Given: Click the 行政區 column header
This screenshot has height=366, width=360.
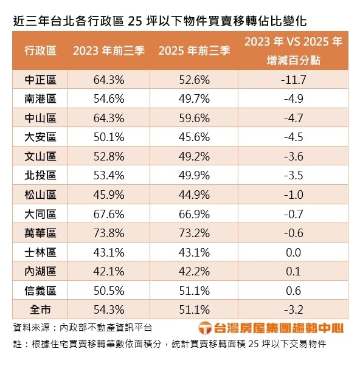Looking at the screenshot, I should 41,51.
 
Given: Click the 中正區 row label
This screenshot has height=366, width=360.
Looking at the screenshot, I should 41,80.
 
